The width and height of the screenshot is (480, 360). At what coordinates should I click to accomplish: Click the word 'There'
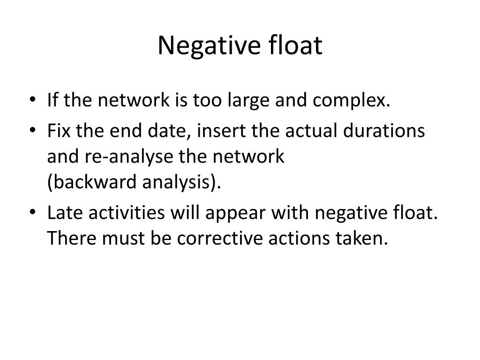[73, 239]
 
